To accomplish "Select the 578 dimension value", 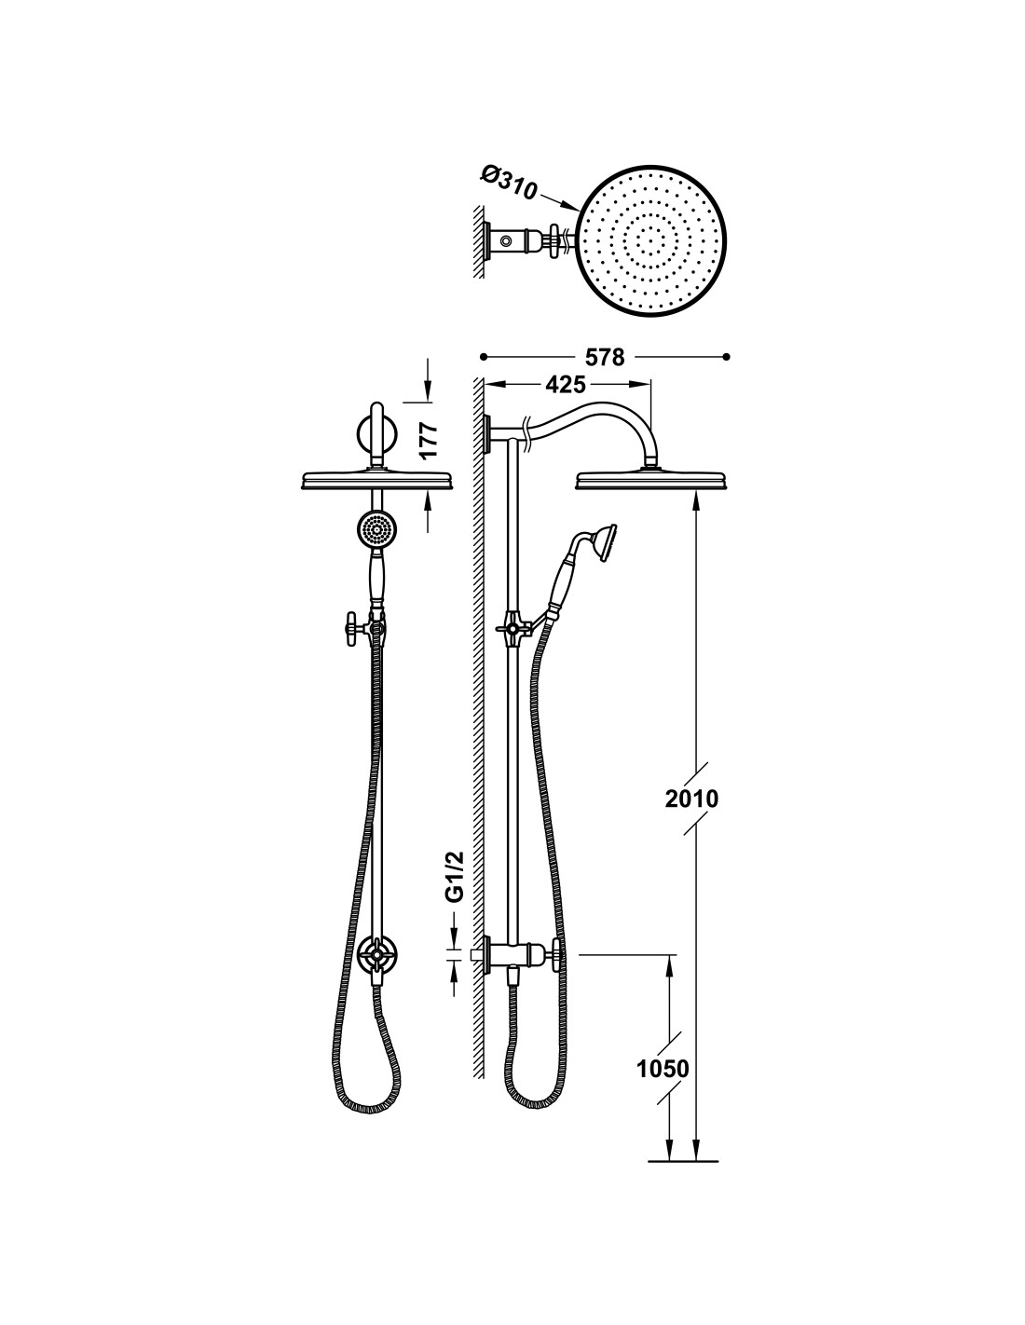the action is (x=603, y=357).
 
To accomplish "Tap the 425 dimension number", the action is (x=566, y=384).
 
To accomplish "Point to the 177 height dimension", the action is (x=430, y=440).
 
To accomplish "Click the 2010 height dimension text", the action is (x=691, y=799).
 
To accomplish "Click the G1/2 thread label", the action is (x=456, y=877).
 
